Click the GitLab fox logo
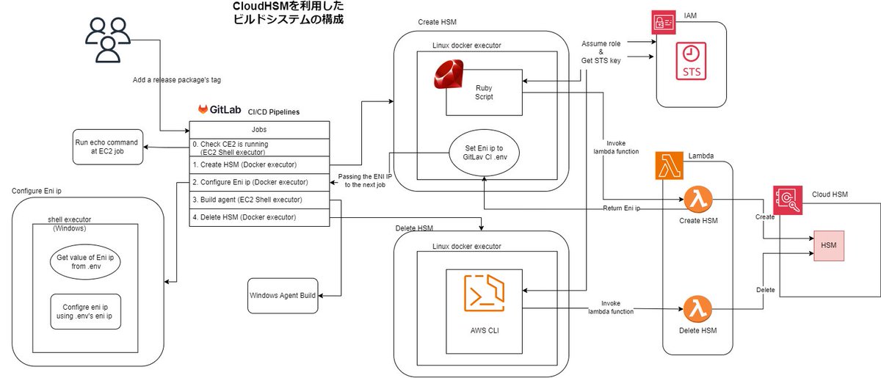203,109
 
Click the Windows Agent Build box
283,296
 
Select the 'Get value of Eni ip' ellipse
85,263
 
